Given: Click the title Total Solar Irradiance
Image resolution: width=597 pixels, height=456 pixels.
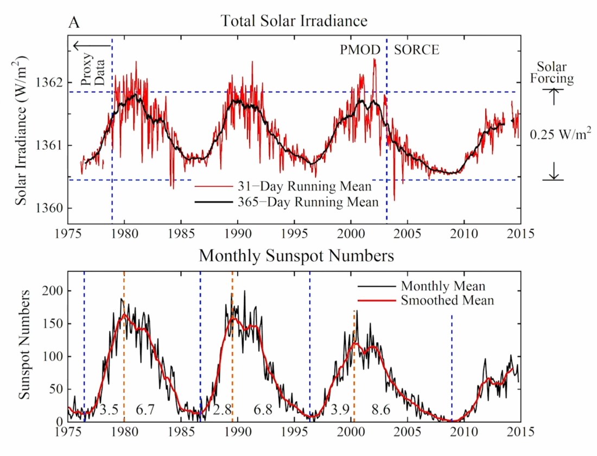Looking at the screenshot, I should [294, 22].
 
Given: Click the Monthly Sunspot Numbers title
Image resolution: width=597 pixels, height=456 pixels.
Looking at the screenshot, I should [296, 255].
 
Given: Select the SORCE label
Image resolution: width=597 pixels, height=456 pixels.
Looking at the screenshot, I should [416, 50].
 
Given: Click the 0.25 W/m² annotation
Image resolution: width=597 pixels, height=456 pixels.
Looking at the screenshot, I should [561, 134].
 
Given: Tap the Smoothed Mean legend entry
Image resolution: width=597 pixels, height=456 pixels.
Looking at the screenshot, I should [447, 300].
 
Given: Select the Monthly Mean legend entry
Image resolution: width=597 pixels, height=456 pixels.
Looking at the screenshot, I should [443, 286].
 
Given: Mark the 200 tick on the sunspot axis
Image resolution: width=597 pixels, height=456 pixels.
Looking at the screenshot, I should [54, 291].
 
